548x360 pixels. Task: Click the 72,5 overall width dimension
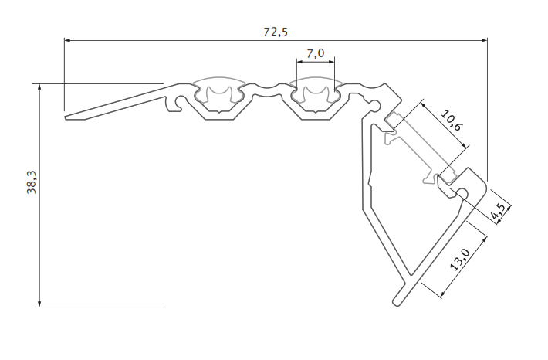tap(276, 32)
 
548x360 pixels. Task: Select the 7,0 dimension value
tap(315, 53)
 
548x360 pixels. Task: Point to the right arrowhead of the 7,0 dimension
tap(334, 61)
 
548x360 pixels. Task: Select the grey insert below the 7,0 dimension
tap(316, 93)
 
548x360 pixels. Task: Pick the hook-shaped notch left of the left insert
tap(178, 103)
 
